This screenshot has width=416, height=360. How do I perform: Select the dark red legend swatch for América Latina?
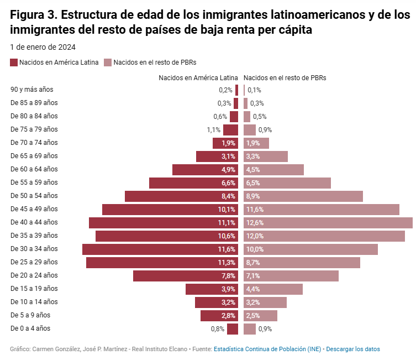(14, 62)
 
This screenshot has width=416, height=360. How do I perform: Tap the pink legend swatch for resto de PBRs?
(108, 62)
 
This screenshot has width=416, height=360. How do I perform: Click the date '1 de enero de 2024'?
(43, 47)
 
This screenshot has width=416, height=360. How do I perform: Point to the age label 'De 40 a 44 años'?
(34, 222)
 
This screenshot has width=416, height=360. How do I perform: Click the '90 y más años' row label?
(32, 90)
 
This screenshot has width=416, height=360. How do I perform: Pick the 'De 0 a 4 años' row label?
(30, 328)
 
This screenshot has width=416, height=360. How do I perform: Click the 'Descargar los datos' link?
(353, 349)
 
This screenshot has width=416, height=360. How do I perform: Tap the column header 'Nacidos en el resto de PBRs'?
(285, 78)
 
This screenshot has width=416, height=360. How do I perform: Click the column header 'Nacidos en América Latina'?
(198, 78)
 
